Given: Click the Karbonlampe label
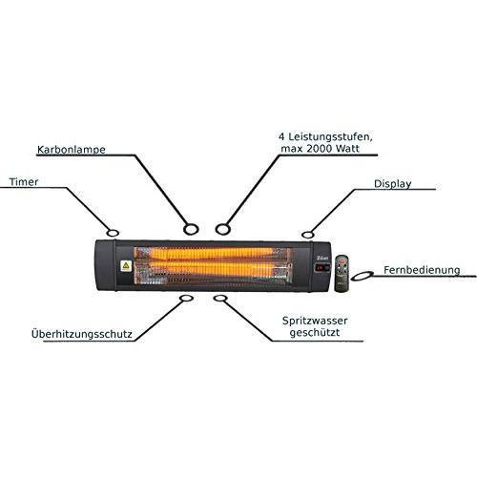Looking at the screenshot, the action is click(x=72, y=150).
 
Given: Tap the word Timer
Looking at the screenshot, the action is click(x=24, y=182).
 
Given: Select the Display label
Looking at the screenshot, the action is click(x=393, y=184).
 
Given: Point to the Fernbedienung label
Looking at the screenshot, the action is click(x=422, y=270).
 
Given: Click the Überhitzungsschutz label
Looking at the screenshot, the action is click(x=82, y=334).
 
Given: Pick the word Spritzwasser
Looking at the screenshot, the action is click(x=315, y=321).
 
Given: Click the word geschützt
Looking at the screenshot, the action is click(x=315, y=333).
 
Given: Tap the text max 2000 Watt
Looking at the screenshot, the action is click(x=320, y=149).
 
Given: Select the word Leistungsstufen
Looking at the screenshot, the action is click(x=330, y=137).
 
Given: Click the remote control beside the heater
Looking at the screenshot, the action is click(x=342, y=273).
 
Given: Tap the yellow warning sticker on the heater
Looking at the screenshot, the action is click(x=126, y=266).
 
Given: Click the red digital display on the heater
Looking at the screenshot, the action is click(x=321, y=268).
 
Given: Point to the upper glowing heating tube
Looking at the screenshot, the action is click(x=212, y=254).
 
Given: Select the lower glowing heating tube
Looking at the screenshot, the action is click(x=212, y=269).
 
